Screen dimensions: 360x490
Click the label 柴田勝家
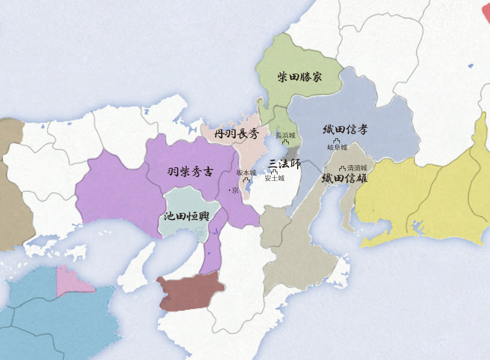coord(300,77)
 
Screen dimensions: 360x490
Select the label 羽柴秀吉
coord(190,171)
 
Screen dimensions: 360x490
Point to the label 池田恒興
coord(186,216)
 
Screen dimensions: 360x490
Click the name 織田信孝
coord(345,129)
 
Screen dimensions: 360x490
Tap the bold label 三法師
coord(284,163)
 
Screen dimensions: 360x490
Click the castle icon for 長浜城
coord(285,144)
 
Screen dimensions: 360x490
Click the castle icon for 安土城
coord(274,172)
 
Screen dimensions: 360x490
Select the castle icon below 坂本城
coord(247,180)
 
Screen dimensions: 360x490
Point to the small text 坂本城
coord(246,173)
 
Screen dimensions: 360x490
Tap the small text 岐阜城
coord(338,147)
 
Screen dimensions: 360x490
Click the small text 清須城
coord(357,168)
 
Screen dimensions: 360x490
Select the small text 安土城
coord(274,178)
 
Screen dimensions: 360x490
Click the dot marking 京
coord(229,191)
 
